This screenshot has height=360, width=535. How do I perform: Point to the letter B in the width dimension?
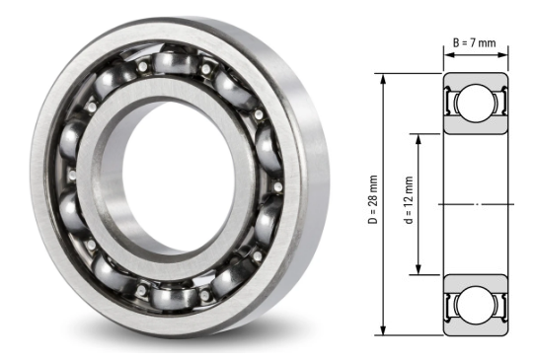click(456, 42)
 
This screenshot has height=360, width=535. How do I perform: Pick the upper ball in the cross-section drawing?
click(475, 103)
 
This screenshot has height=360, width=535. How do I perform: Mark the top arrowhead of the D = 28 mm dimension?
click(379, 78)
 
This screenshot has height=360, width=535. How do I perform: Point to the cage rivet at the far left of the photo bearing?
click(68, 174)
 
